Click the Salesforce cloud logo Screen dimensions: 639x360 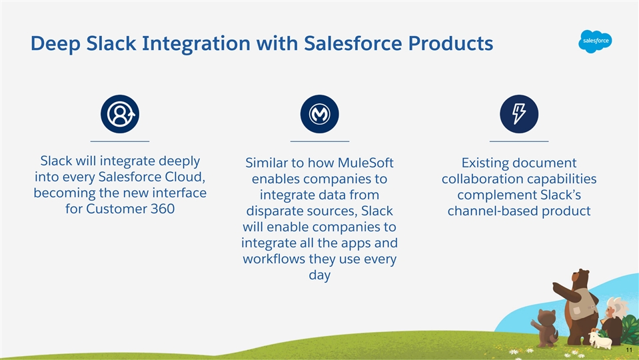(595, 41)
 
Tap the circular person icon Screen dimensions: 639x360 (120, 114)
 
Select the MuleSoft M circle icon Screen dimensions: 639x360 (320, 114)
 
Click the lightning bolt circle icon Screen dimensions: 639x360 (519, 114)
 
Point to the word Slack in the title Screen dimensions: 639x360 (111, 43)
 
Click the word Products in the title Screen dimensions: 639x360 (450, 43)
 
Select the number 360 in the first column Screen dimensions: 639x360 (162, 209)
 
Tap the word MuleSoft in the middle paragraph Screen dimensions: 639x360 (366, 163)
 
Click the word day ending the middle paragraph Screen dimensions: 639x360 (320, 275)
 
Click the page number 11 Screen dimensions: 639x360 (629, 350)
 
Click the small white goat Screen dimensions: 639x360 (600, 340)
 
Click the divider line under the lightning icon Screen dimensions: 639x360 (519, 141)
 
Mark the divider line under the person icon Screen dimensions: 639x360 (120, 141)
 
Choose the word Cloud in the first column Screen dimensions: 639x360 (185, 177)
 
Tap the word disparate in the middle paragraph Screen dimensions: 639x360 (273, 211)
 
